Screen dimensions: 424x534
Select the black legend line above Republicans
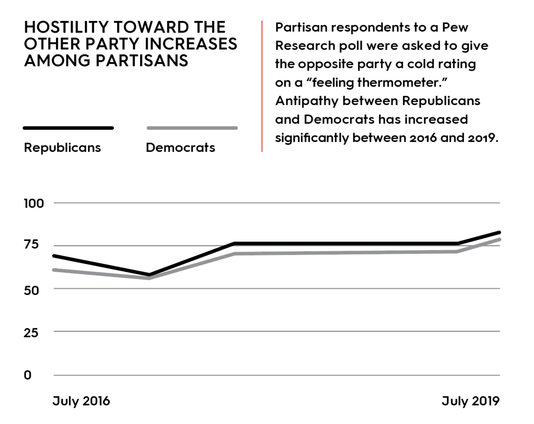[x=68, y=128]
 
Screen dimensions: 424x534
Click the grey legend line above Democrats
[x=192, y=128]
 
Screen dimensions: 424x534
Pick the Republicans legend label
[x=62, y=147]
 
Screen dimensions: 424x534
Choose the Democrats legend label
[x=180, y=147]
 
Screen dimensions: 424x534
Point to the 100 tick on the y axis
[x=34, y=203]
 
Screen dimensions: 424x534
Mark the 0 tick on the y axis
[x=28, y=375]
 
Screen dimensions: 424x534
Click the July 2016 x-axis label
[x=81, y=401]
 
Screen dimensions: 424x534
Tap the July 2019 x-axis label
[x=470, y=401]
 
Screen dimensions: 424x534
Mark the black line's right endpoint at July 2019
[x=500, y=232]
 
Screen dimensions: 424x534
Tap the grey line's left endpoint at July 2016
[x=54, y=270]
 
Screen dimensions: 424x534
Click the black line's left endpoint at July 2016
[x=54, y=256]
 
